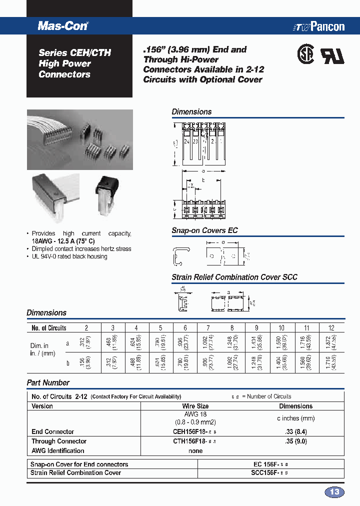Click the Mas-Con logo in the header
click(x=63, y=26)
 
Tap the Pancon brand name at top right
click(x=327, y=26)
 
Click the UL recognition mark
click(x=332, y=56)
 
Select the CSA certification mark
click(x=305, y=55)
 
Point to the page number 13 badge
click(x=334, y=492)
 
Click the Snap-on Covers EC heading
click(x=204, y=230)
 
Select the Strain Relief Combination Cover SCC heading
click(x=234, y=277)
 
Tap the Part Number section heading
click(x=48, y=382)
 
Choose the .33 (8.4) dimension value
click(x=295, y=431)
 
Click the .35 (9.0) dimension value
click(x=295, y=441)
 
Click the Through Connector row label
click(x=59, y=441)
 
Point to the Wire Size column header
click(x=195, y=406)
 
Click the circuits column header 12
click(x=331, y=328)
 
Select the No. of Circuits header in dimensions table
click(x=49, y=328)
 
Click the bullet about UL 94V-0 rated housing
click(x=69, y=256)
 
